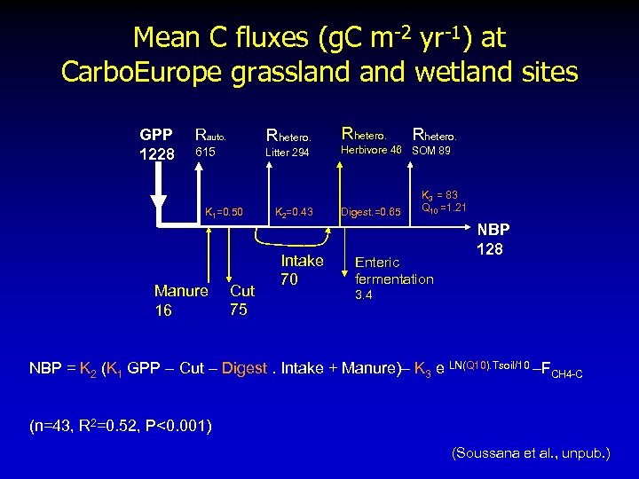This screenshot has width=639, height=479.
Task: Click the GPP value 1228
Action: tap(158, 153)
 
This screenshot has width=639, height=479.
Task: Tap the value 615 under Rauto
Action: tap(205, 153)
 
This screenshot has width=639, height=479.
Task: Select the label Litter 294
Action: tap(288, 153)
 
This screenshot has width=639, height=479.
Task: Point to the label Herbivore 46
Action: tap(372, 151)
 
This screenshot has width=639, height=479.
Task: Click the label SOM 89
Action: tap(431, 151)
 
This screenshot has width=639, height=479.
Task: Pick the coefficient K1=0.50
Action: tap(224, 212)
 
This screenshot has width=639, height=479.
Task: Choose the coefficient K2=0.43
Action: tap(294, 212)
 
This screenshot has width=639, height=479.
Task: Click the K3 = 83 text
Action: tap(438, 194)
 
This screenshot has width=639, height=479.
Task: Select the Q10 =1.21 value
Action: tap(444, 208)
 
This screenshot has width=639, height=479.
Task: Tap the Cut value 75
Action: tap(239, 310)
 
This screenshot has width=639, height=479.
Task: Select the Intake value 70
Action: tap(289, 279)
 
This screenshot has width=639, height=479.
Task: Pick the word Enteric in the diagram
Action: tap(377, 263)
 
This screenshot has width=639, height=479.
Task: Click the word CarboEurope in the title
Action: tap(142, 71)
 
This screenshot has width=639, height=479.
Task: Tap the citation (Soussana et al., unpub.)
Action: tap(531, 453)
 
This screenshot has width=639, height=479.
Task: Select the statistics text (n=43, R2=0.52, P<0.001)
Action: tap(120, 426)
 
